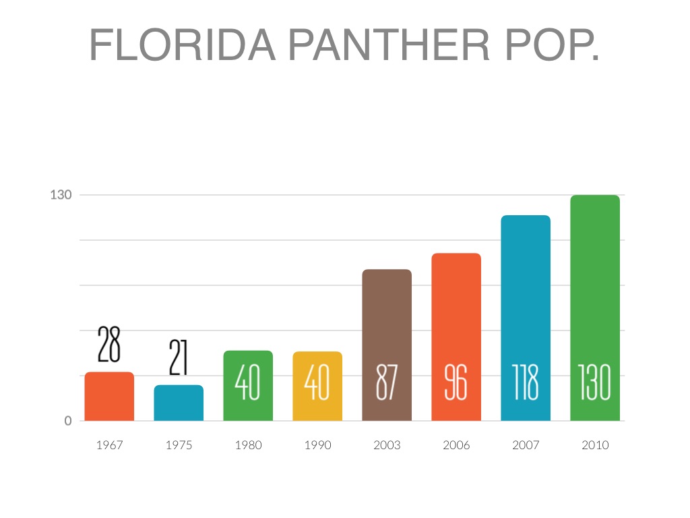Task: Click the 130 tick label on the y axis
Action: click(x=61, y=195)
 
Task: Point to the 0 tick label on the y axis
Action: click(x=68, y=421)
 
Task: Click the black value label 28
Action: click(x=109, y=345)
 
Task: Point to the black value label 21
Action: click(x=179, y=358)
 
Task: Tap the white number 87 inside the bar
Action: click(x=387, y=384)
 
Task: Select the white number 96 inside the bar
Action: click(x=456, y=384)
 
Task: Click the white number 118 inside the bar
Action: click(x=526, y=384)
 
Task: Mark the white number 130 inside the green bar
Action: click(x=595, y=384)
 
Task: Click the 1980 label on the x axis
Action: click(x=248, y=445)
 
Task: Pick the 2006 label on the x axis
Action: click(x=456, y=445)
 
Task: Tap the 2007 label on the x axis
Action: click(x=526, y=445)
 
